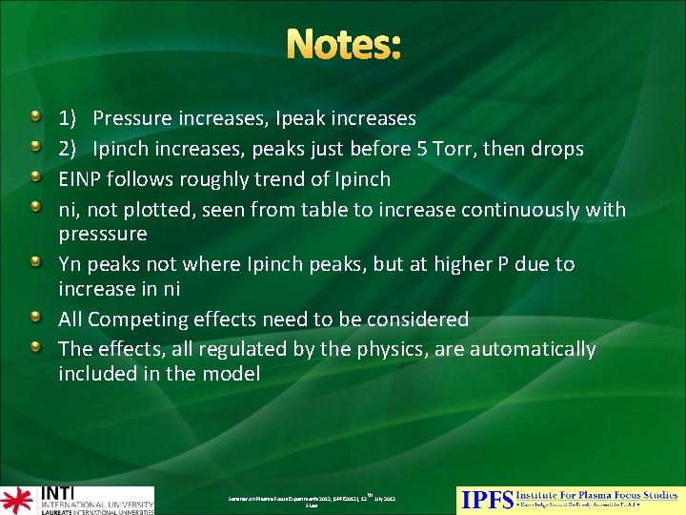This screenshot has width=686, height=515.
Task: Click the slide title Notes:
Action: tap(343, 45)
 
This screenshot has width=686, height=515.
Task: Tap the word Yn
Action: tap(71, 264)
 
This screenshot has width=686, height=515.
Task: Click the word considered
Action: tap(413, 319)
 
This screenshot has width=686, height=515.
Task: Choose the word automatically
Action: tap(522, 349)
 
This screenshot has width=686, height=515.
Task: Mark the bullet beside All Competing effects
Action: tap(35, 318)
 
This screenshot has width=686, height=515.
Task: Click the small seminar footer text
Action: tap(312, 500)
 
